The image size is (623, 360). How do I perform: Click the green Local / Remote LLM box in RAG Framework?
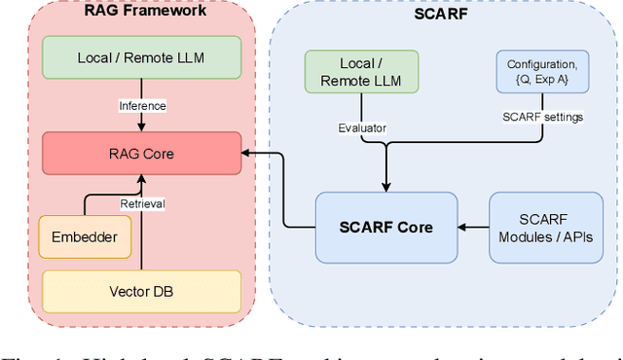pyautogui.click(x=142, y=57)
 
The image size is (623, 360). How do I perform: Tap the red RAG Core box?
pyautogui.click(x=142, y=153)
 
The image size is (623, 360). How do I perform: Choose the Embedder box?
pyautogui.click(x=84, y=236)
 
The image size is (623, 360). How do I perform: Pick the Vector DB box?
pyautogui.click(x=142, y=291)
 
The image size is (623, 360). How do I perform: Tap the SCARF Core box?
pyautogui.click(x=386, y=228)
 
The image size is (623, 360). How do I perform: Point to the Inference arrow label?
pyautogui.click(x=143, y=105)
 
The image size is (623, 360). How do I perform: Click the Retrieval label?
pyautogui.click(x=143, y=203)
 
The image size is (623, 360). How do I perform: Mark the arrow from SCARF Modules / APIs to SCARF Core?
pyautogui.click(x=473, y=228)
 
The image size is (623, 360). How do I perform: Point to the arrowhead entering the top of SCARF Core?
pyautogui.click(x=386, y=187)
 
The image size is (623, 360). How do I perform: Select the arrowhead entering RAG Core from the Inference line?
pyautogui.click(x=143, y=127)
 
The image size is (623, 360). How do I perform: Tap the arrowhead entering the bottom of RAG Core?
pyautogui.click(x=143, y=179)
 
